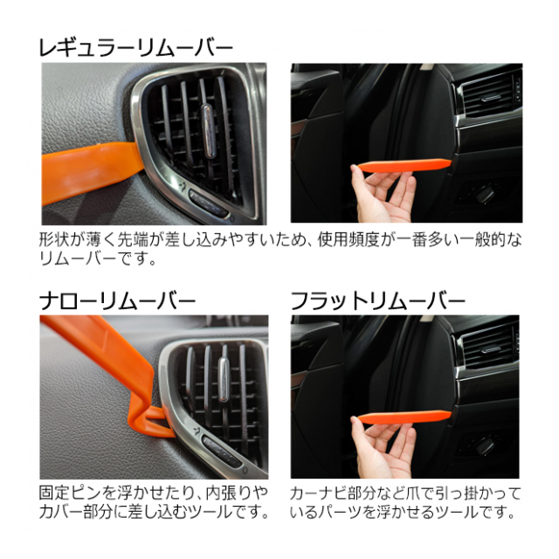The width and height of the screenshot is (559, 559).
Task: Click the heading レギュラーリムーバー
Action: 135,48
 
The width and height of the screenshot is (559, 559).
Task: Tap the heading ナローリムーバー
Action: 118,301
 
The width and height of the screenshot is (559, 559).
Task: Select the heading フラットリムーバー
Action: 378,301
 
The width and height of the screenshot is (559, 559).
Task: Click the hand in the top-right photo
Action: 383,194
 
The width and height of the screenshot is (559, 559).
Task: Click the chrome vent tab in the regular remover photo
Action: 209,131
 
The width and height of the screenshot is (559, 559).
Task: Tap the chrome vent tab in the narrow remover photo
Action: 224,379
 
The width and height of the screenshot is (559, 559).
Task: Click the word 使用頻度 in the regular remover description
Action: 349,240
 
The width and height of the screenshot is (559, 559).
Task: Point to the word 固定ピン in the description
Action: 70,493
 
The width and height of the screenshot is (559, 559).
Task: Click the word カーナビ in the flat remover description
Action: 322,493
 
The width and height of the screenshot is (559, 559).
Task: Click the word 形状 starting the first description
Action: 54,240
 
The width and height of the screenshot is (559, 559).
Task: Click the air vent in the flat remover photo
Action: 487,349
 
